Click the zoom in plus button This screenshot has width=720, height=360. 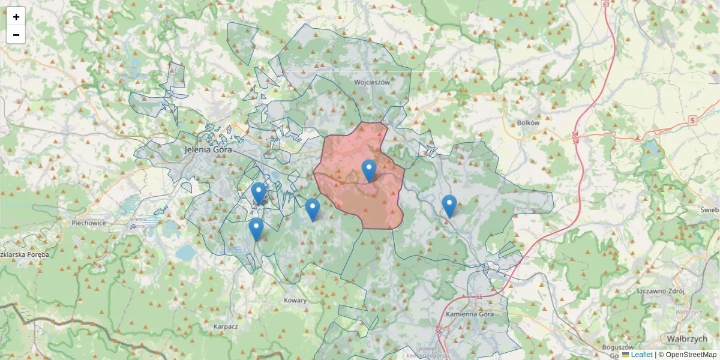point(16,17)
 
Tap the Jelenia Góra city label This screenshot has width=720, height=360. point(209,150)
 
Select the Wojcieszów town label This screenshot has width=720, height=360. point(372,82)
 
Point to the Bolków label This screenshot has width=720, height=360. point(528,122)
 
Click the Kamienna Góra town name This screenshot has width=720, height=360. point(470,313)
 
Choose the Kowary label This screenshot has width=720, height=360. point(295,300)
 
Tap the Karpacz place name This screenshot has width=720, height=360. point(226,327)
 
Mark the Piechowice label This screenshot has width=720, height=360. point(88,223)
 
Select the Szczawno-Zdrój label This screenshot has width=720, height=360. point(660,290)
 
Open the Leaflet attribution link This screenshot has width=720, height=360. point(641,355)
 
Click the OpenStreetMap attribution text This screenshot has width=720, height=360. point(690,355)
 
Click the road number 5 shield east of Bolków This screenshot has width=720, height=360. point(693,120)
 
